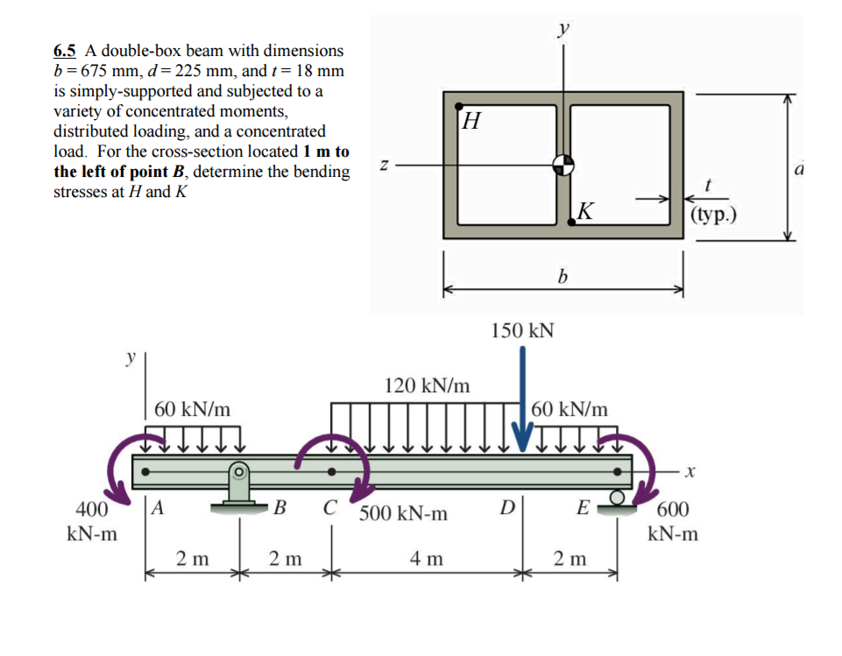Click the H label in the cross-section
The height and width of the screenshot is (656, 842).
(471, 118)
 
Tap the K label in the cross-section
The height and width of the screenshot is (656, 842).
(586, 210)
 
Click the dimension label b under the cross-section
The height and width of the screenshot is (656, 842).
(563, 277)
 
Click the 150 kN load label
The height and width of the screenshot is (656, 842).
(522, 330)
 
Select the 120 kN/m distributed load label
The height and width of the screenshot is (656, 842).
(427, 385)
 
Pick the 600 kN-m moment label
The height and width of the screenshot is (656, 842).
(673, 521)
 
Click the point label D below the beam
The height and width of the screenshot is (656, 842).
(506, 506)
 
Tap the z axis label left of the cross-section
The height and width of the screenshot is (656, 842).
(383, 163)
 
